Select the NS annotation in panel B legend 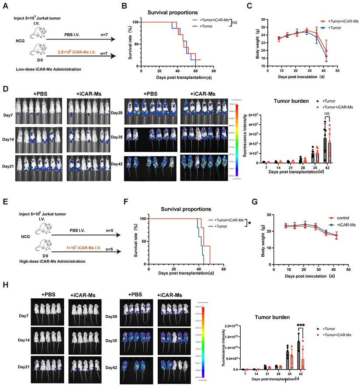tap(235, 21)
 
